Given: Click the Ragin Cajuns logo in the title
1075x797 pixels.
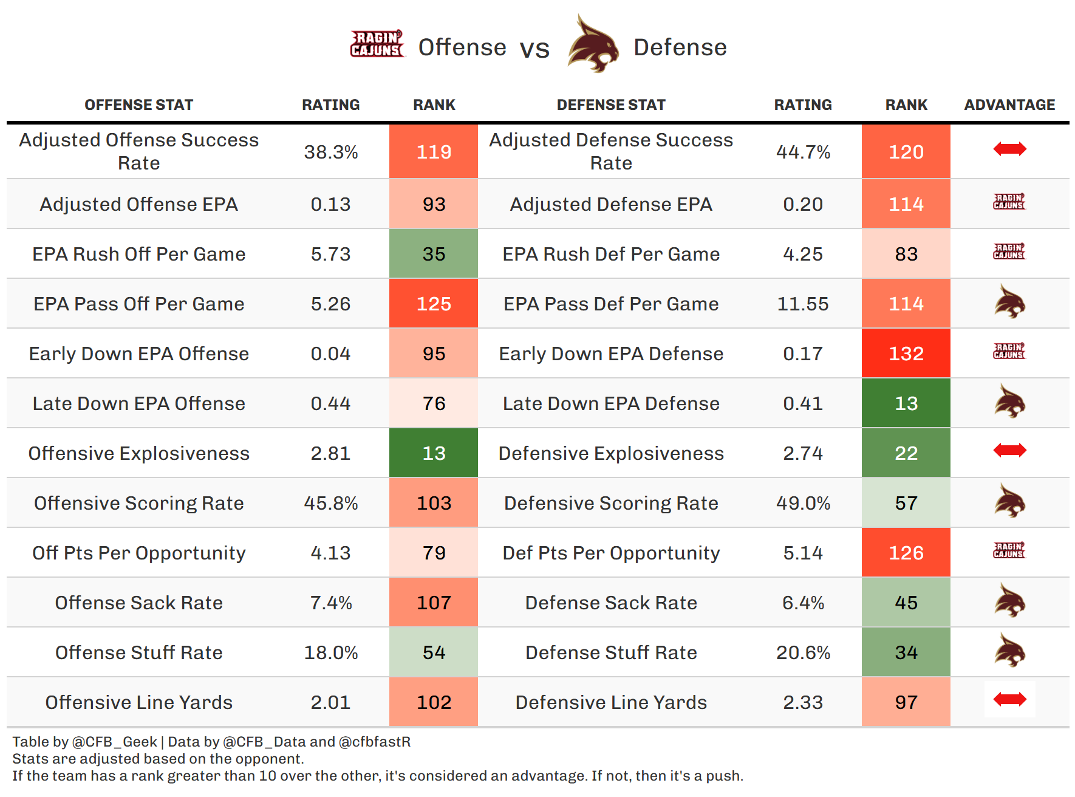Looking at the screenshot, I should click(x=377, y=44).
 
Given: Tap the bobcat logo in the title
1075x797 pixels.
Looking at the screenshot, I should click(x=593, y=44).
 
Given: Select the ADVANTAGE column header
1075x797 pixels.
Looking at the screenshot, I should click(x=1009, y=105).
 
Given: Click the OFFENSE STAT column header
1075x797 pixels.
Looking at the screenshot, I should click(x=138, y=105).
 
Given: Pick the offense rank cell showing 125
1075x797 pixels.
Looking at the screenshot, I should click(x=434, y=304).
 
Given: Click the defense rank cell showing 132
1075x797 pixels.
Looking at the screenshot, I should click(x=906, y=354).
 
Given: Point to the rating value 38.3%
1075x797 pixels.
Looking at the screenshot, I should click(x=331, y=152).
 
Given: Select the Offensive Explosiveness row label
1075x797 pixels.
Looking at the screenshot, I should click(x=138, y=453).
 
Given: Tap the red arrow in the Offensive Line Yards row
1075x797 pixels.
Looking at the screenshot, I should click(x=1009, y=700).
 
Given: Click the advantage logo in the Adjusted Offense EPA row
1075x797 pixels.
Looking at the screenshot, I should click(x=1009, y=202).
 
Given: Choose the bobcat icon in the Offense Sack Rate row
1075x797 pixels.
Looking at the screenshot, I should click(x=1009, y=601).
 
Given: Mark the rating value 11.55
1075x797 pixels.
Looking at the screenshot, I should click(x=803, y=304).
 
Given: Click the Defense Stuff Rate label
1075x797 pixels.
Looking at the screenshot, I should click(x=611, y=652).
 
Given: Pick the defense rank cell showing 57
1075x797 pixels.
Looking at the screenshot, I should click(x=906, y=503).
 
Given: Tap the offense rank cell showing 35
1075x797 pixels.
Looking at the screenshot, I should click(x=434, y=254).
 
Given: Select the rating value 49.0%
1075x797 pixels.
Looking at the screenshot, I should click(x=803, y=503).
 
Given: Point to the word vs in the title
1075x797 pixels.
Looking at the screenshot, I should click(x=534, y=49).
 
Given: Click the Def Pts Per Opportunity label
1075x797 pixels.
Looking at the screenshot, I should click(x=611, y=553).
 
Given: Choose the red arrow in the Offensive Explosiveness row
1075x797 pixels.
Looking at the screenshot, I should click(x=1009, y=450).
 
